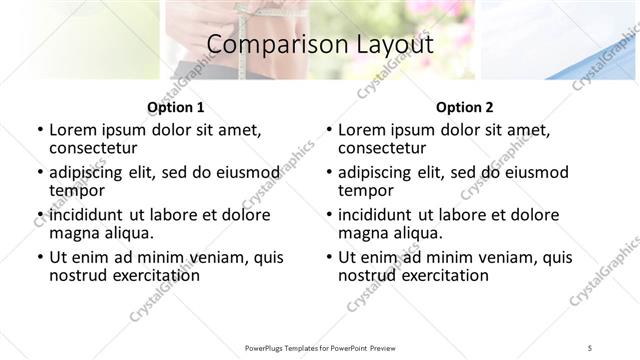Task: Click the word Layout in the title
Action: (x=395, y=45)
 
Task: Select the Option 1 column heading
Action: (x=176, y=107)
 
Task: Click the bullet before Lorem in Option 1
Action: (x=39, y=130)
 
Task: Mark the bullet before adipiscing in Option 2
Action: (x=328, y=172)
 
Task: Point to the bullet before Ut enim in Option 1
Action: (x=39, y=257)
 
